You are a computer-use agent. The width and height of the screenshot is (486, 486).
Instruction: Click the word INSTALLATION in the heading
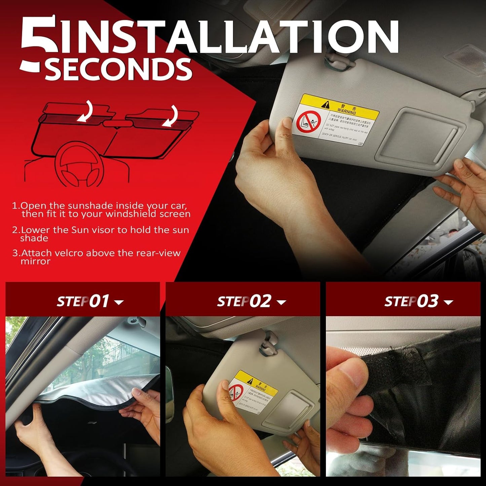(x=229, y=37)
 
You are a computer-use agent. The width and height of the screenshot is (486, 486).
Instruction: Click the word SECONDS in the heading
(x=118, y=70)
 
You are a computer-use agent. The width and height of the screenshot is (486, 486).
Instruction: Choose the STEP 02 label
(x=244, y=301)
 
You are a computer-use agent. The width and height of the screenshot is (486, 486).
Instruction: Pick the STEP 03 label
(x=411, y=301)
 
